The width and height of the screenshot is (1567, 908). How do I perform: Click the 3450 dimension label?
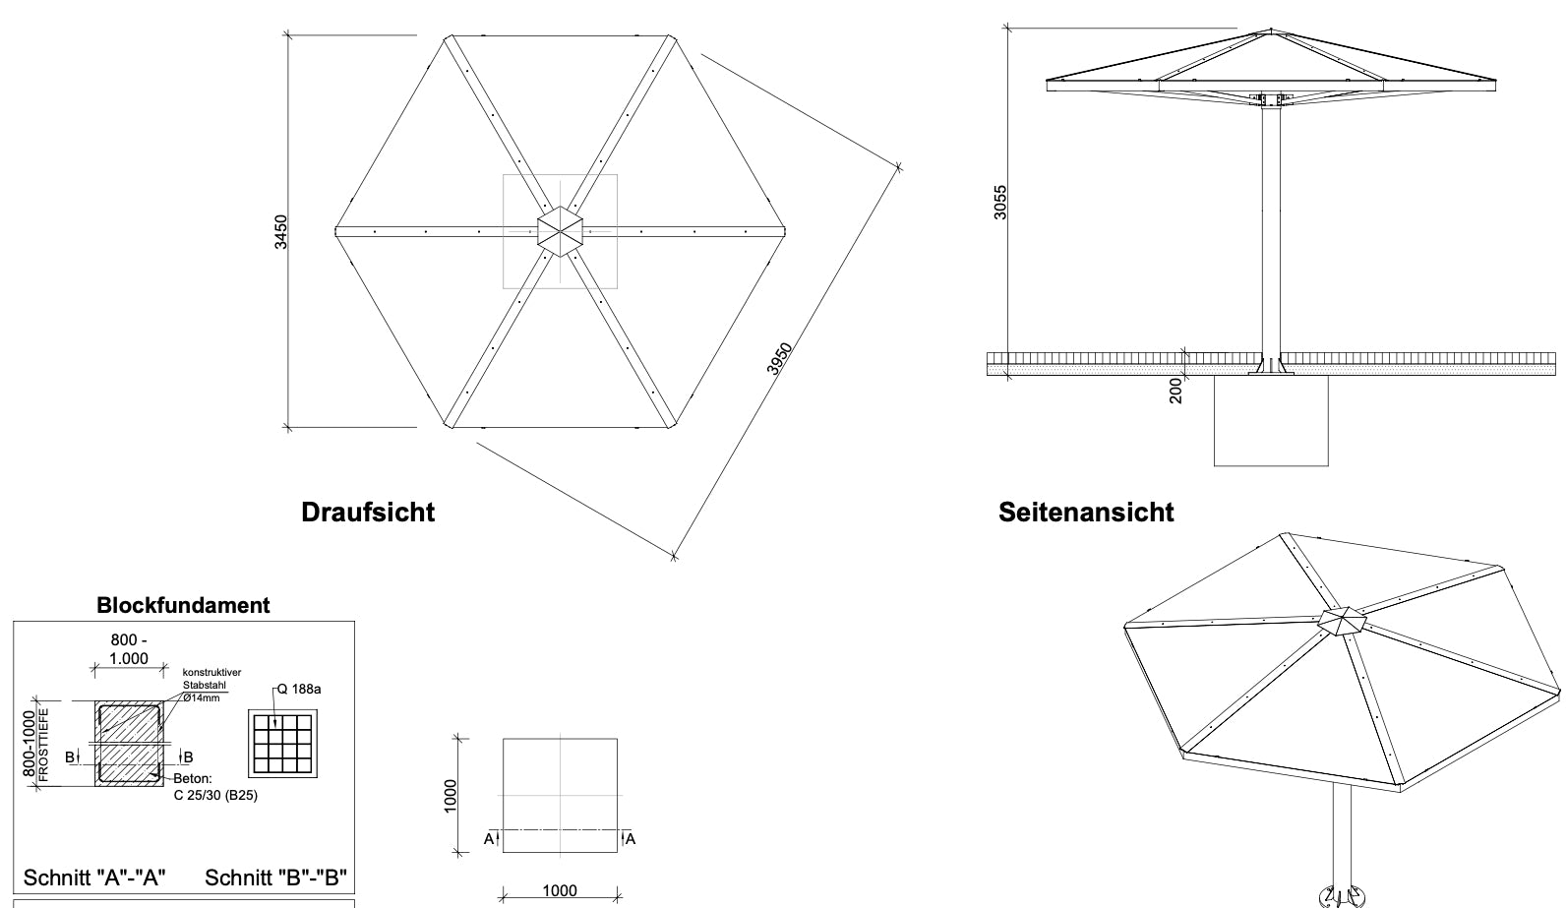pyautogui.click(x=281, y=231)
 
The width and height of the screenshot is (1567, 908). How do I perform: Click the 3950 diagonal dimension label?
pyautogui.click(x=780, y=359)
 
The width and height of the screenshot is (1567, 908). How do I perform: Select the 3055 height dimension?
pyautogui.click(x=1000, y=202)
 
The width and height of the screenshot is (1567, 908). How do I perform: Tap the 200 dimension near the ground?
pyautogui.click(x=1176, y=392)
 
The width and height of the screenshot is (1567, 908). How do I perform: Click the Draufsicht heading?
pyautogui.click(x=367, y=512)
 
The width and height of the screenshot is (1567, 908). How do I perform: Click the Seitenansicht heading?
pyautogui.click(x=1086, y=512)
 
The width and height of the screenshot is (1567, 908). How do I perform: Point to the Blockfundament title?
pyautogui.click(x=183, y=605)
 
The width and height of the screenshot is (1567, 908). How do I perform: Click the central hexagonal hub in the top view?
pyautogui.click(x=560, y=231)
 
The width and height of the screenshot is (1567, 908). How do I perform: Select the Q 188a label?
pyautogui.click(x=298, y=689)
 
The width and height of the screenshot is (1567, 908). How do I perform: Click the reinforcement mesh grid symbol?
pyautogui.click(x=282, y=743)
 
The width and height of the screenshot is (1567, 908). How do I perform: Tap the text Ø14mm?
pyautogui.click(x=202, y=697)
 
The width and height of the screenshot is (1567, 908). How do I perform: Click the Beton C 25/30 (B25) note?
pyautogui.click(x=214, y=788)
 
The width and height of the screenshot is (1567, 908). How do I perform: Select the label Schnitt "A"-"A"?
pyautogui.click(x=94, y=878)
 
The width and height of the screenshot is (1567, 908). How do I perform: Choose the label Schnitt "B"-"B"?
pyautogui.click(x=275, y=878)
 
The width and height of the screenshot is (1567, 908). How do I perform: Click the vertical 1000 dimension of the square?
pyautogui.click(x=451, y=795)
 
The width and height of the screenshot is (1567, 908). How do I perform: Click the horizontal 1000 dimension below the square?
pyautogui.click(x=560, y=890)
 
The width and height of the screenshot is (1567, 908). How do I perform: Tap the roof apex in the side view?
pyautogui.click(x=1271, y=32)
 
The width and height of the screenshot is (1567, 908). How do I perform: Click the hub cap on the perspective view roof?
pyautogui.click(x=1342, y=621)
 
